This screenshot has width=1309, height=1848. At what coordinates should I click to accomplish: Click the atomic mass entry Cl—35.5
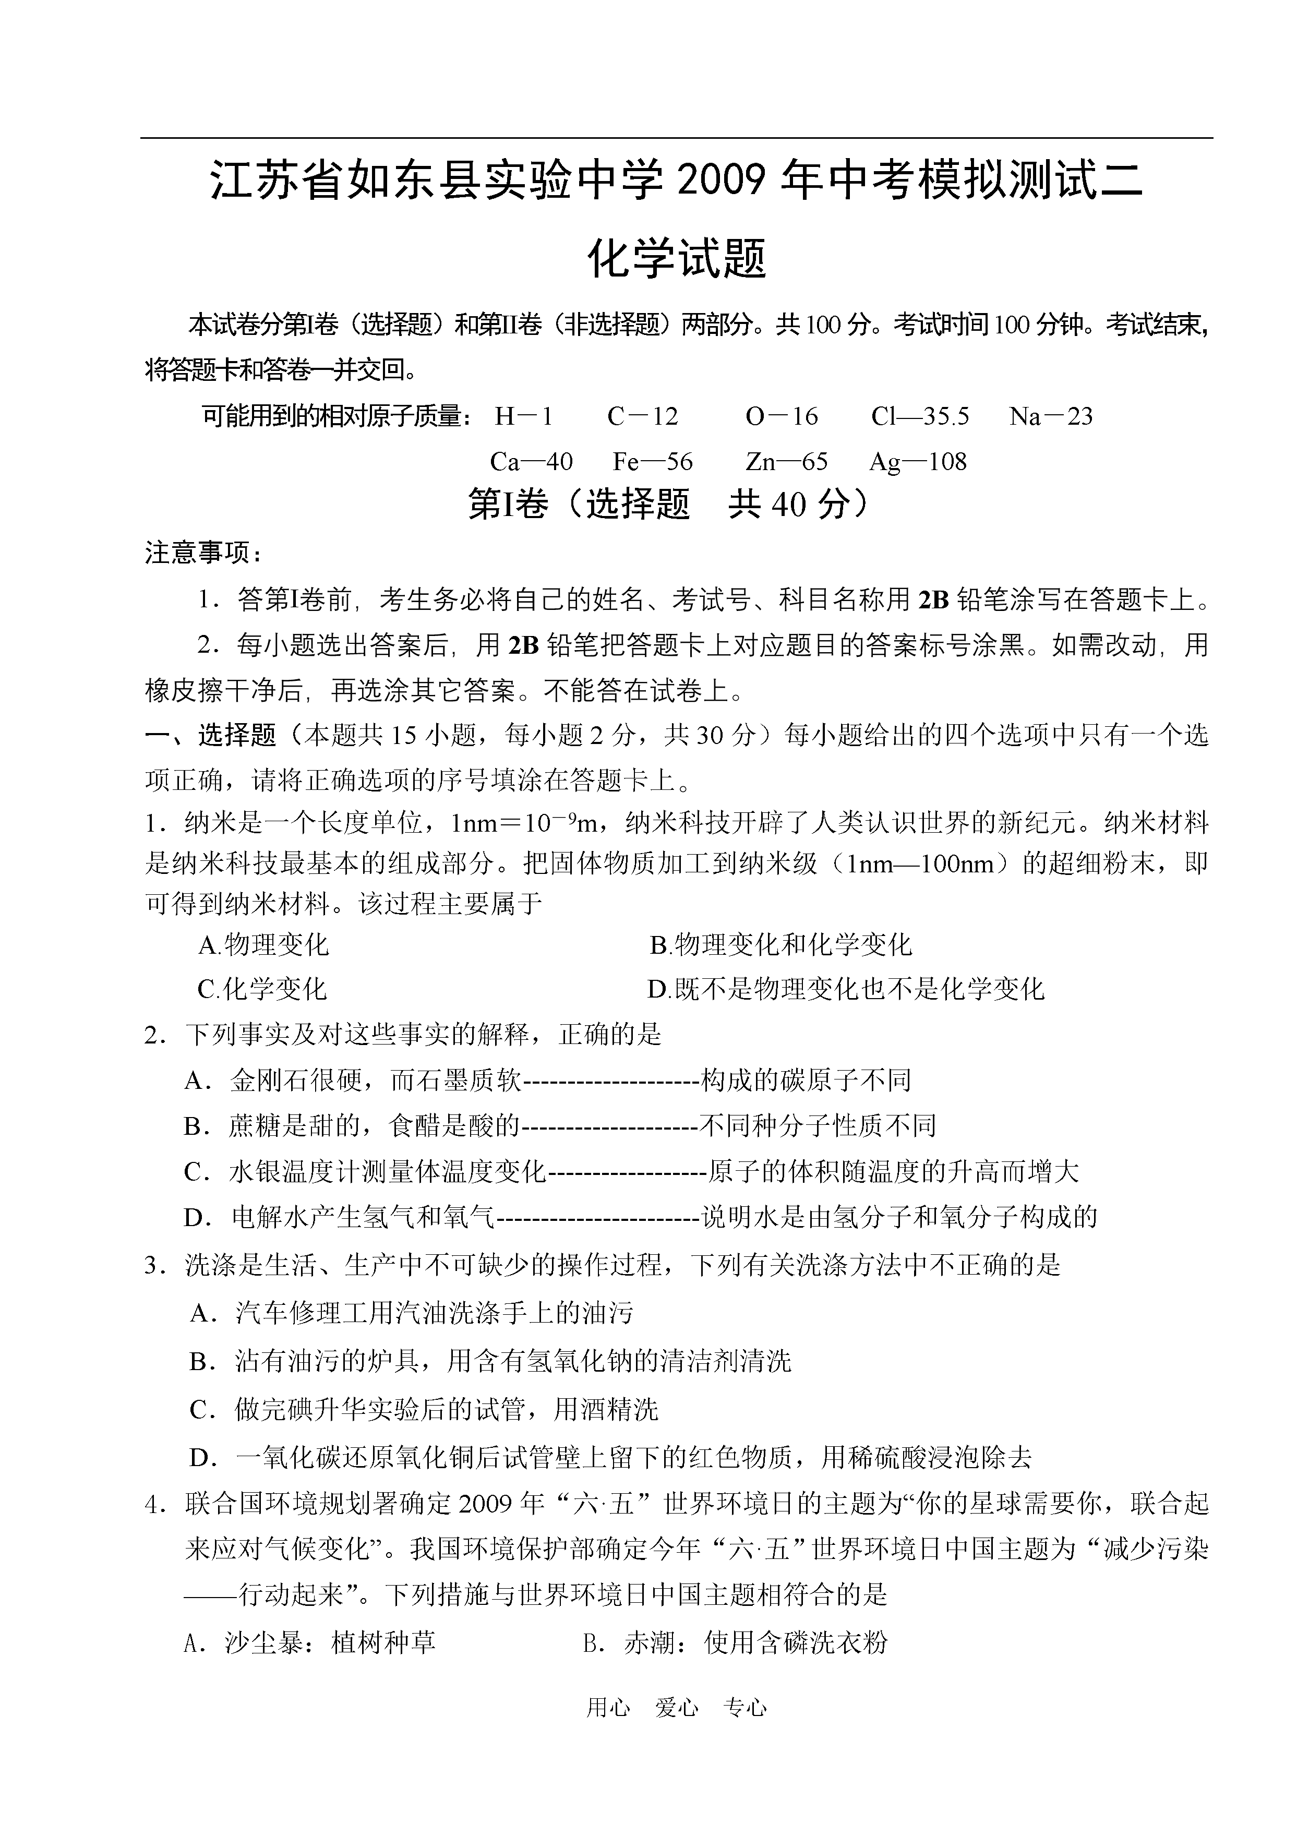point(920,417)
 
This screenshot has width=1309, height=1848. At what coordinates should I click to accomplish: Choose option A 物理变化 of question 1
point(263,944)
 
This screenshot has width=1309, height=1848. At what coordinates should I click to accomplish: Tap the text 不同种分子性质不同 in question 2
point(818,1126)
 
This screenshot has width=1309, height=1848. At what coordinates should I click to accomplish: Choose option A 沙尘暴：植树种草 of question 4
point(310,1642)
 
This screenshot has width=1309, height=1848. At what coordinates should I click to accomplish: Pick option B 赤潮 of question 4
point(735,1642)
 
